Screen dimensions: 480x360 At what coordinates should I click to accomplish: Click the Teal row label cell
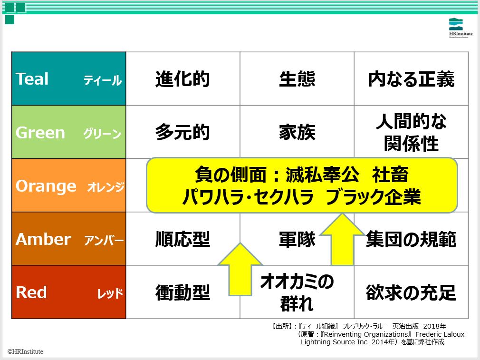(x=69, y=79)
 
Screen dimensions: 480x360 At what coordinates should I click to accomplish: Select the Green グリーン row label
(x=69, y=132)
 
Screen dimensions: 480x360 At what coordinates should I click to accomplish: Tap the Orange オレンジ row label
(x=69, y=185)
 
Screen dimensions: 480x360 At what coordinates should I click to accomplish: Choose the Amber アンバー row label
(x=69, y=239)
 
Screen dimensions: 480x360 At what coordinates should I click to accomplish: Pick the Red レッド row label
(x=69, y=292)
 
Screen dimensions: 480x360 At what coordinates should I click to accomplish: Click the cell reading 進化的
(x=183, y=79)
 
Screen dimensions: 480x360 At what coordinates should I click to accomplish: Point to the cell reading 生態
(x=297, y=79)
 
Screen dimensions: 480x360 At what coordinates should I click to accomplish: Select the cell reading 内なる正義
(x=411, y=79)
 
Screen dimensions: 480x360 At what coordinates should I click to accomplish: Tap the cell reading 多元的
(x=183, y=132)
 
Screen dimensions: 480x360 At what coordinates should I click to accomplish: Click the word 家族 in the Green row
(x=297, y=132)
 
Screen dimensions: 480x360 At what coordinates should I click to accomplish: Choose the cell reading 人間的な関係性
(x=411, y=132)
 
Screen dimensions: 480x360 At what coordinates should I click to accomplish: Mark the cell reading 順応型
(x=183, y=239)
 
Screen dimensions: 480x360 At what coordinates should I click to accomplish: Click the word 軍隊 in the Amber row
(x=297, y=239)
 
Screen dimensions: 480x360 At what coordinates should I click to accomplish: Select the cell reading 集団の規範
(x=411, y=239)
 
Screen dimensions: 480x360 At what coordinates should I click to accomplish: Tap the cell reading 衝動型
(x=183, y=292)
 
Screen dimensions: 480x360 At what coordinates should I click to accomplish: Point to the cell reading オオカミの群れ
(x=297, y=292)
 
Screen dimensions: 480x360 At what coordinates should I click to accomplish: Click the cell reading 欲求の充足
(x=411, y=292)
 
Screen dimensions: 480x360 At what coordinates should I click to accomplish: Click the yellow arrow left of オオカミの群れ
(x=240, y=270)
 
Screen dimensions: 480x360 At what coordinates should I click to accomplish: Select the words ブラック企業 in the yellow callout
(x=373, y=197)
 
